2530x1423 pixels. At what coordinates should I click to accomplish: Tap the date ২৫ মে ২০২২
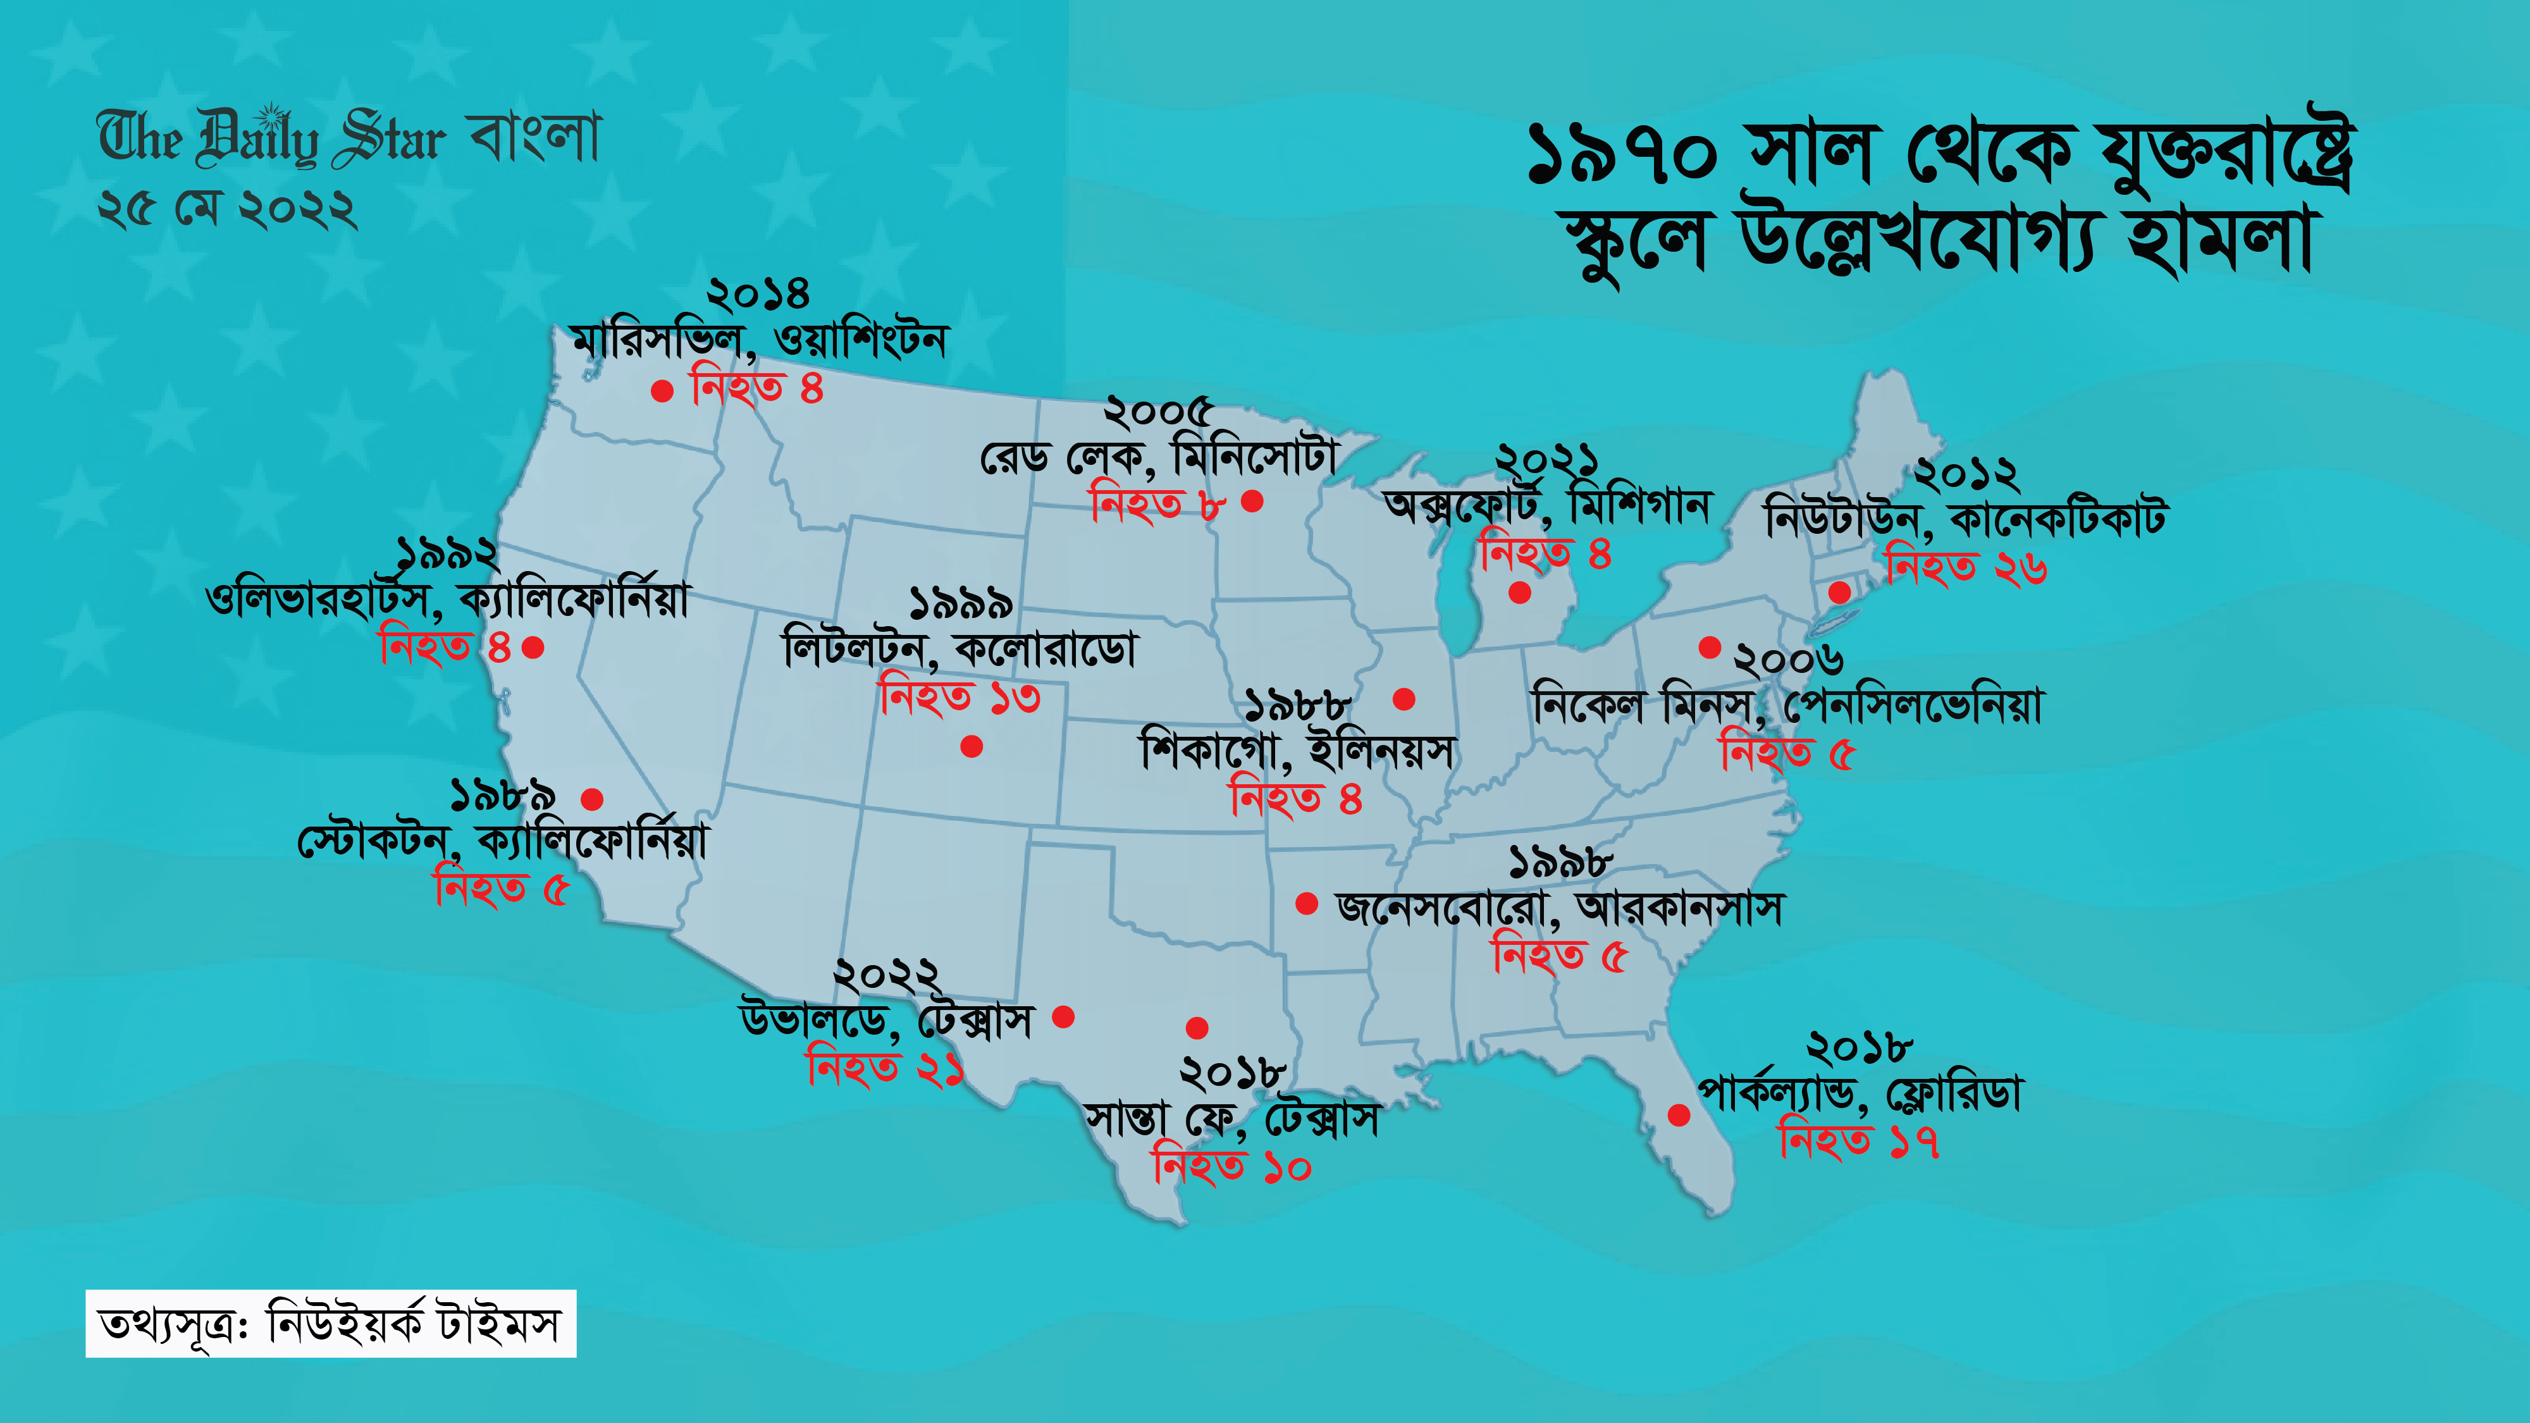click(x=227, y=210)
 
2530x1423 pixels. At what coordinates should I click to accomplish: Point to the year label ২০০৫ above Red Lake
click(x=1158, y=412)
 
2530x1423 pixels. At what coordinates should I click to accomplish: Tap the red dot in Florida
click(x=1679, y=1114)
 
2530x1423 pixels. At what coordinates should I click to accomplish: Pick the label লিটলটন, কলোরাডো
click(x=960, y=650)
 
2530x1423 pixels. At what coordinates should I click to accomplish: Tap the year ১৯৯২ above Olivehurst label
click(x=447, y=555)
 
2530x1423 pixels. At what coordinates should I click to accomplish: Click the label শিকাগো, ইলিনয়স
click(x=1297, y=752)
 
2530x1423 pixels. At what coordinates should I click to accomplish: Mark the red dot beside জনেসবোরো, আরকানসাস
click(x=1306, y=904)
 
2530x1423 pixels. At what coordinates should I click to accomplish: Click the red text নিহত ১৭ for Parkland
click(x=1858, y=1141)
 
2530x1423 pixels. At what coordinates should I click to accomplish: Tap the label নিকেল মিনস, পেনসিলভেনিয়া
click(x=1787, y=706)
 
